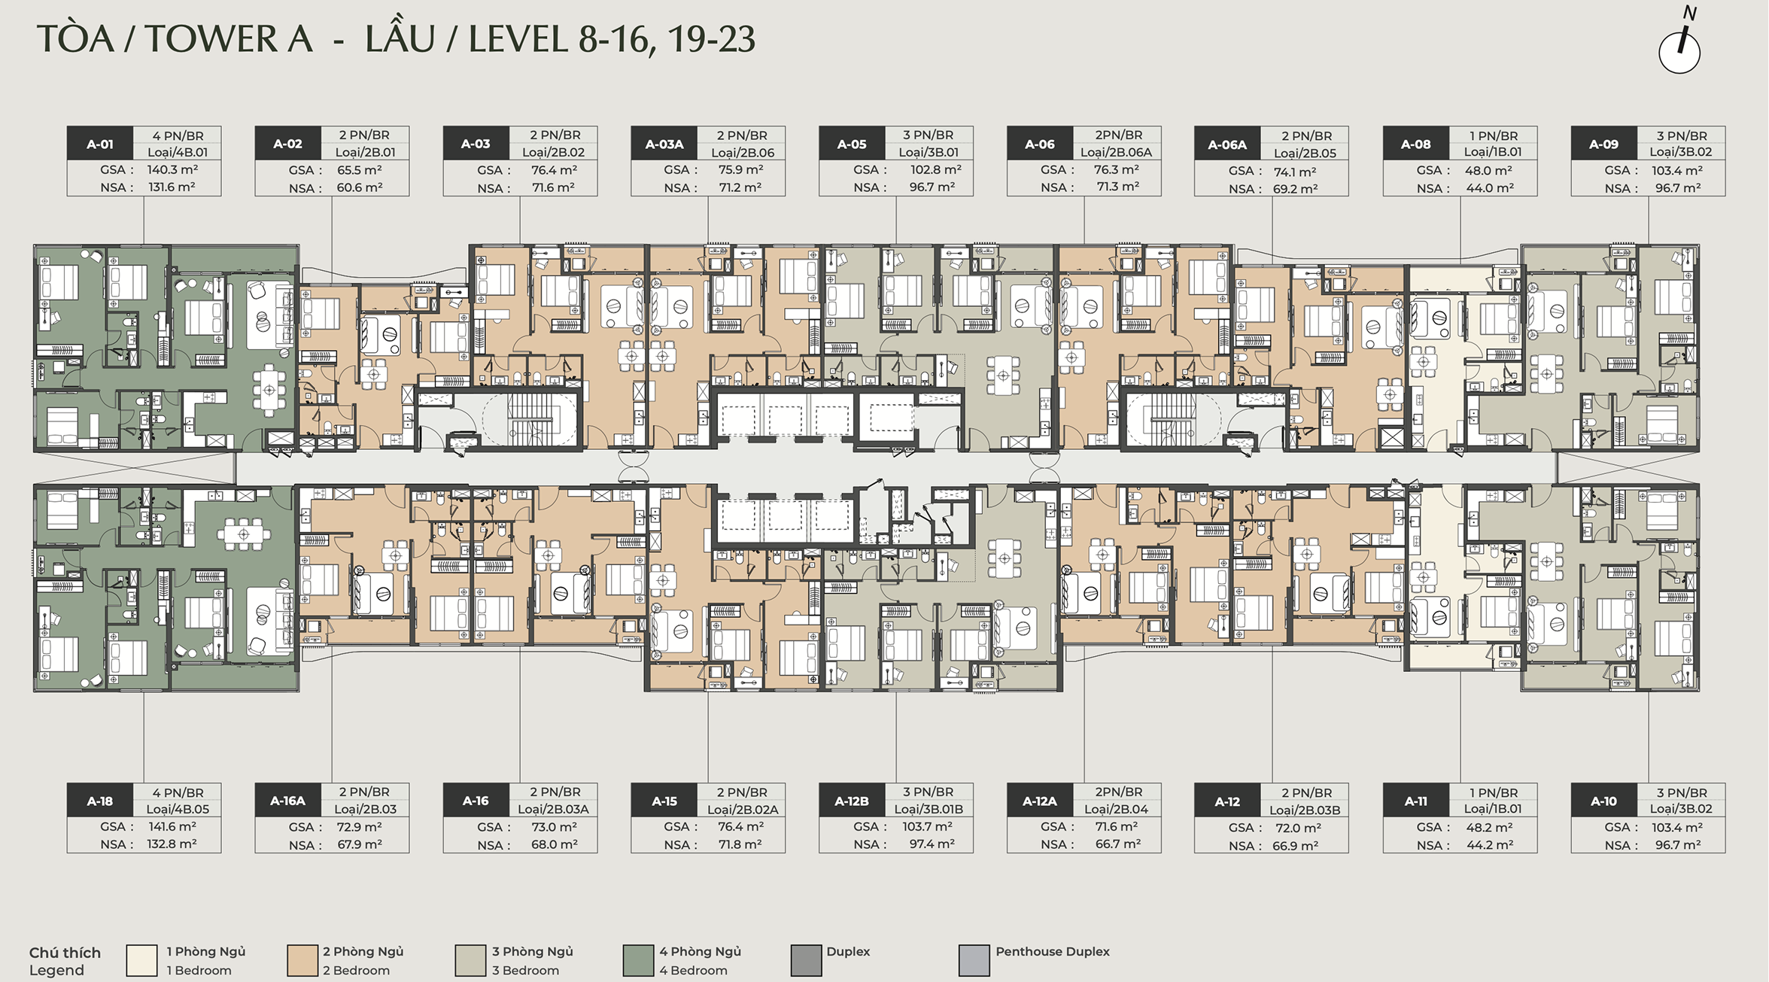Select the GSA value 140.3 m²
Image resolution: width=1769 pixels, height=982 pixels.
[x=172, y=170]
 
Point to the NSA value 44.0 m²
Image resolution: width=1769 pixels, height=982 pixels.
[x=1490, y=188]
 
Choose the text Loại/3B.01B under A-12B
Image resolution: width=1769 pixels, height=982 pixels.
[x=929, y=810]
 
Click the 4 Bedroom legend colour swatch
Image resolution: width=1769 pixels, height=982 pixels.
[x=638, y=961]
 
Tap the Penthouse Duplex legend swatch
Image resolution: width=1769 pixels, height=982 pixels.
[x=974, y=961]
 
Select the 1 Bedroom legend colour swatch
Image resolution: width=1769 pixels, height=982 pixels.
[x=141, y=961]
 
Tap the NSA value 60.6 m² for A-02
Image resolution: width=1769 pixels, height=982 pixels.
[x=360, y=188]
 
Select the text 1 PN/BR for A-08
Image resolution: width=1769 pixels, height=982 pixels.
[x=1494, y=136]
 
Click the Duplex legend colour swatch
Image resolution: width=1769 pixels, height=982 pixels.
[x=806, y=961]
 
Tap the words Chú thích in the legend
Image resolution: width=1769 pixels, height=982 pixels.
[x=65, y=953]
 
